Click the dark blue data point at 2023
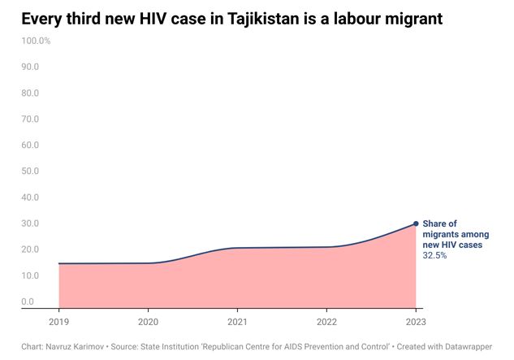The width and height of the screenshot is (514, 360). click(x=416, y=223)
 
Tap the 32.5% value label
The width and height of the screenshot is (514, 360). click(x=434, y=255)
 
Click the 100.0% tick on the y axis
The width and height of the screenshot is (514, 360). click(x=36, y=41)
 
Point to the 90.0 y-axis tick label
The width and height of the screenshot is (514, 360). click(x=30, y=67)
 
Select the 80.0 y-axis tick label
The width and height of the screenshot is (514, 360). click(x=30, y=93)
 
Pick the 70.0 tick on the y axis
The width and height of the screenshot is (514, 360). click(x=30, y=119)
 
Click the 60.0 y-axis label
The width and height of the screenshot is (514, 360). click(x=30, y=145)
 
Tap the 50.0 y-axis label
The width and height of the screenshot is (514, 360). click(x=30, y=171)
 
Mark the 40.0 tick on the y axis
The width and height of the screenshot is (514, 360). click(x=30, y=197)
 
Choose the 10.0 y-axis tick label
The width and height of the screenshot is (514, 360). click(x=30, y=275)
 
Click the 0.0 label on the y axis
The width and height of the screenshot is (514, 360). click(x=28, y=301)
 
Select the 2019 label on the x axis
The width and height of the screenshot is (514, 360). click(x=58, y=321)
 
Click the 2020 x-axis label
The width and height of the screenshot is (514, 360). click(x=148, y=321)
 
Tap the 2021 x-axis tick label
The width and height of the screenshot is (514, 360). click(x=237, y=321)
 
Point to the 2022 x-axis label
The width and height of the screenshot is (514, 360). click(x=326, y=321)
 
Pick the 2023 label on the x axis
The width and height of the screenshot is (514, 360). click(x=416, y=321)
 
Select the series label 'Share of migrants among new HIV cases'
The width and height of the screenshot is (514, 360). click(x=451, y=234)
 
